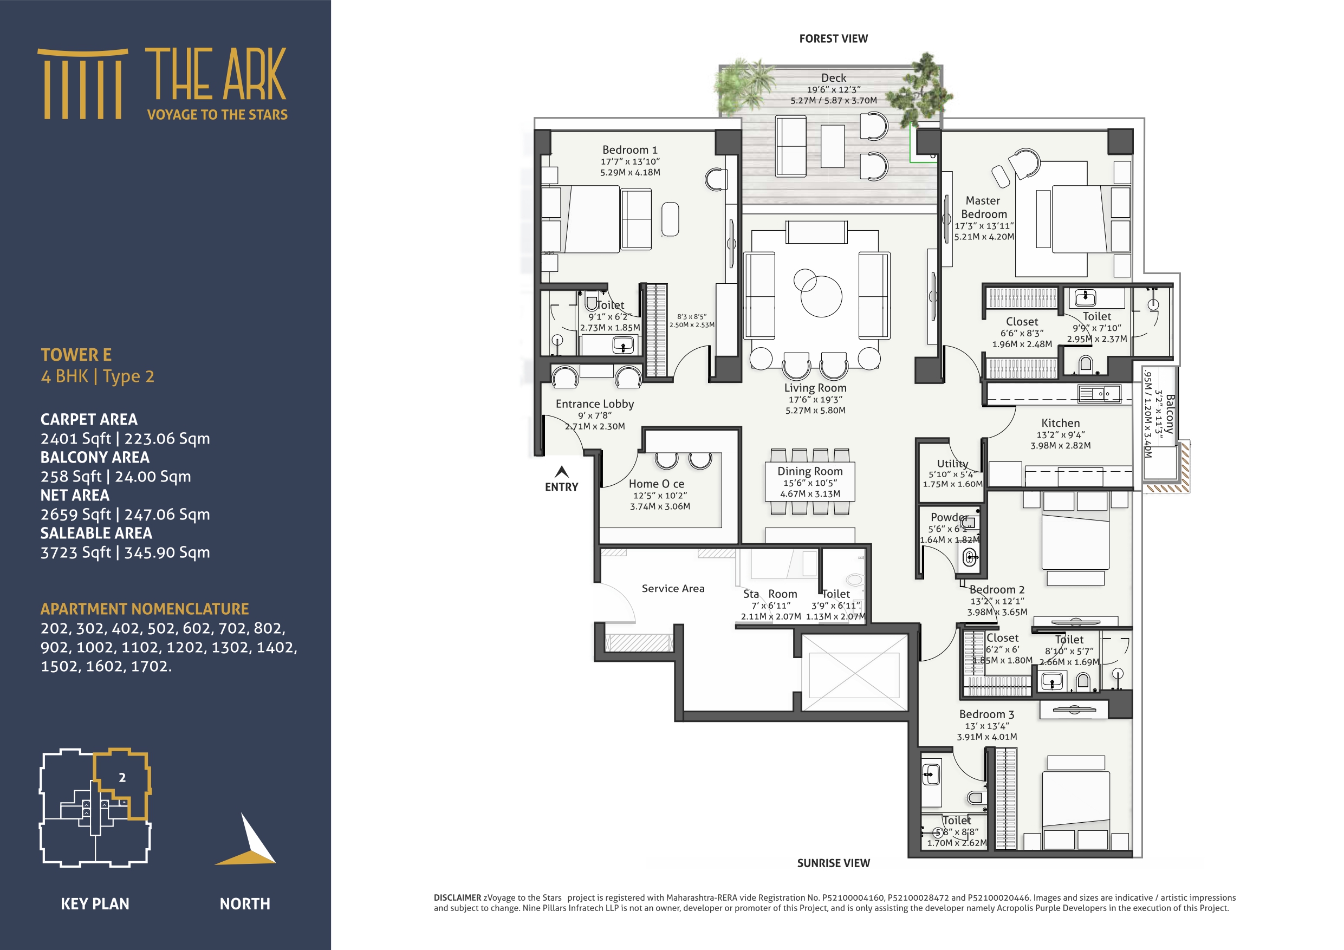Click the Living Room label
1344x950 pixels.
[815, 387]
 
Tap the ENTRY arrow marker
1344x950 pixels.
[561, 472]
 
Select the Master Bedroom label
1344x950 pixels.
[983, 207]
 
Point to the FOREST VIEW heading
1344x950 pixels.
[833, 38]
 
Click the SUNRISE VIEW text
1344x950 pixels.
[833, 863]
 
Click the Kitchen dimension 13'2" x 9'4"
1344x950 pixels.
[1060, 434]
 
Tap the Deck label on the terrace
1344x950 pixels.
[833, 78]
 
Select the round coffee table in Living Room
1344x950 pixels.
[821, 296]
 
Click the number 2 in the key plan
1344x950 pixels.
[122, 777]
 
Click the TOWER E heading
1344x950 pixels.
[75, 355]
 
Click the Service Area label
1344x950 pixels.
[673, 588]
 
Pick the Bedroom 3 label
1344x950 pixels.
[986, 714]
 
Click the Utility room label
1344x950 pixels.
[952, 464]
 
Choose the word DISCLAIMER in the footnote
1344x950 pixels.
[457, 897]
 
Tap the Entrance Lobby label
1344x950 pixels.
[594, 404]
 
